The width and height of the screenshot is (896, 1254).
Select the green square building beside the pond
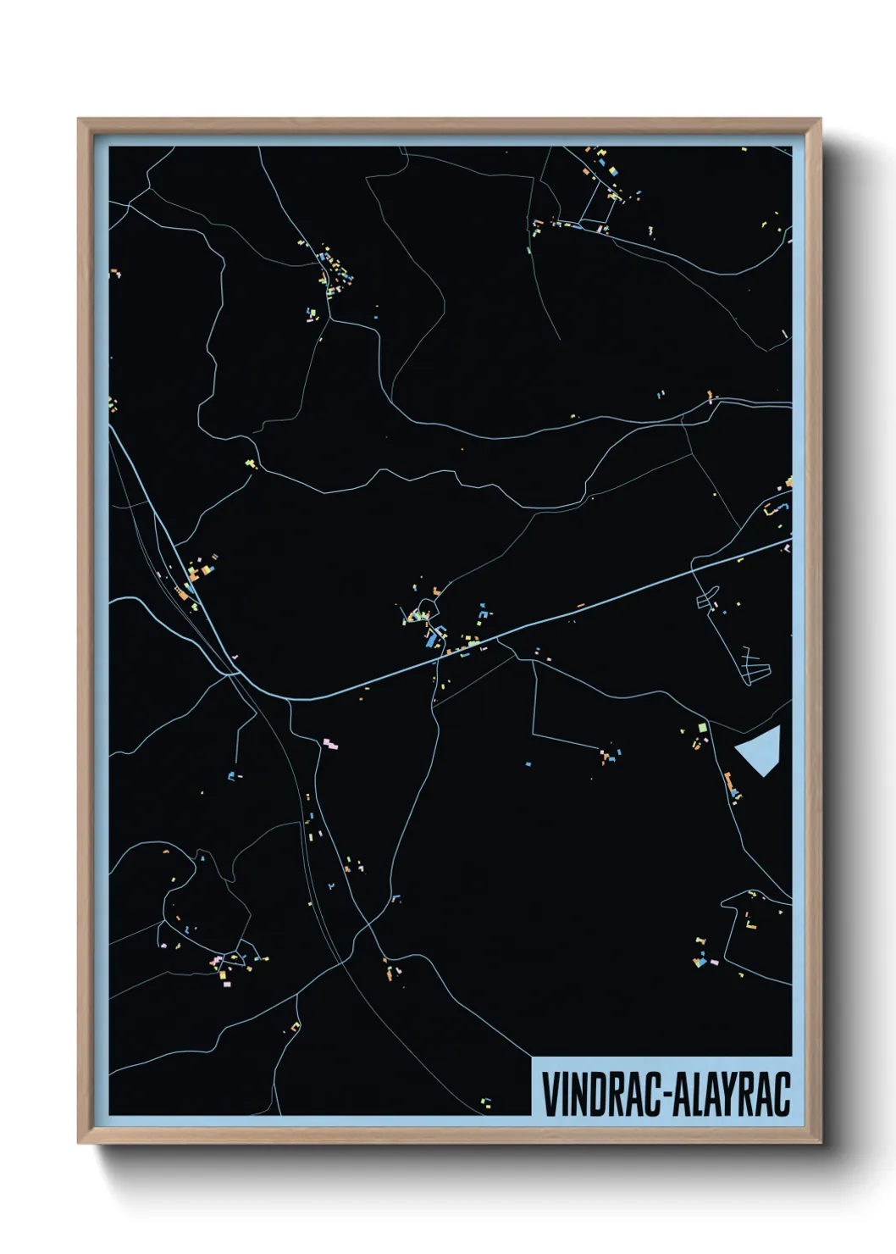701,728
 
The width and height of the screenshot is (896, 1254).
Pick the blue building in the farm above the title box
700,962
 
